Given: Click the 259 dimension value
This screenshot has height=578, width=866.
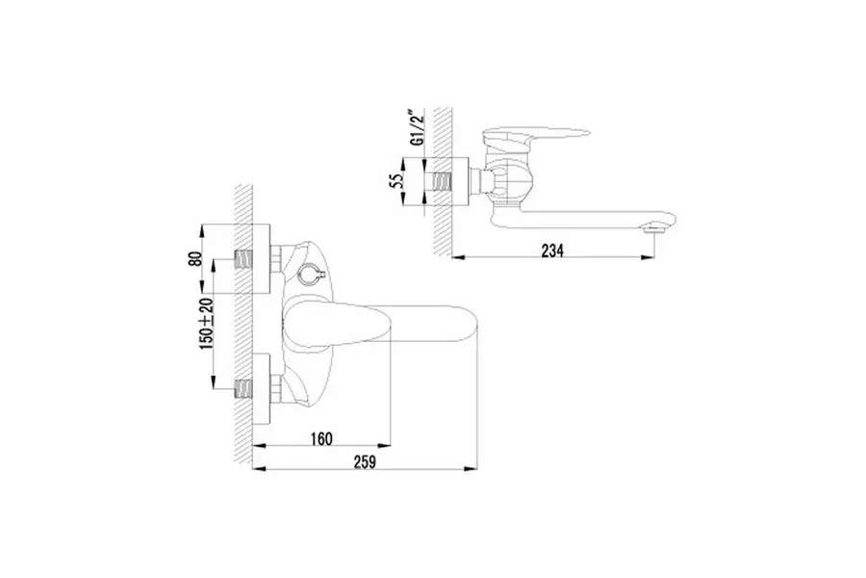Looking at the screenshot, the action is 365,461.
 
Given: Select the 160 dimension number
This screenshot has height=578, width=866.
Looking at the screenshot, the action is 321,438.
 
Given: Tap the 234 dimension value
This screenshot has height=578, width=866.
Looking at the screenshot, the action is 552,250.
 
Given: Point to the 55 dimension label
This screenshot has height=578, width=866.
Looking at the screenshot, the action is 396,181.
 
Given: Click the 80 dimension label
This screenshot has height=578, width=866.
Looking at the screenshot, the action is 195,259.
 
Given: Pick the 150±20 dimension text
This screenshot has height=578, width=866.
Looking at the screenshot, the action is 207,323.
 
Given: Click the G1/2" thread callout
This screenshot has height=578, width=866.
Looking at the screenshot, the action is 419,128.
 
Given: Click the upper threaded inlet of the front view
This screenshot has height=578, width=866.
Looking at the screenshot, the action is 243,259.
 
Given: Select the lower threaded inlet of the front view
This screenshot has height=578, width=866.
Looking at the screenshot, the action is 243,389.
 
